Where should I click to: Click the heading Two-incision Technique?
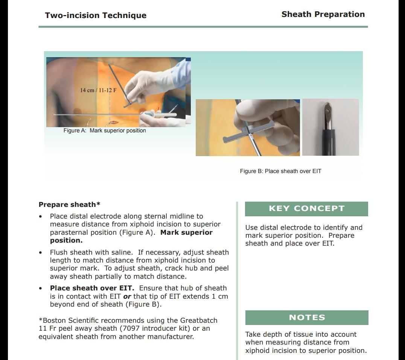point(96,15)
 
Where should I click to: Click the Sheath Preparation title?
point(323,14)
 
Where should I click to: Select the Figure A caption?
point(105,131)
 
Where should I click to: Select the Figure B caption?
point(280,171)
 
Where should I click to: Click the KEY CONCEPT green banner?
point(306,209)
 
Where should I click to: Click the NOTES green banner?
point(307,317)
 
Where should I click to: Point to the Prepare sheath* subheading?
point(69,205)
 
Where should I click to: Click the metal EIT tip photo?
point(330,127)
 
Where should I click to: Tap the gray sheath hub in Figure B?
point(241,134)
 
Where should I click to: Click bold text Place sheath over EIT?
point(92,288)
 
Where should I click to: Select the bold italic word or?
point(127,296)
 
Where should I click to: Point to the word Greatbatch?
point(199,321)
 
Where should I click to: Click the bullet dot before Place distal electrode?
point(40,217)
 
